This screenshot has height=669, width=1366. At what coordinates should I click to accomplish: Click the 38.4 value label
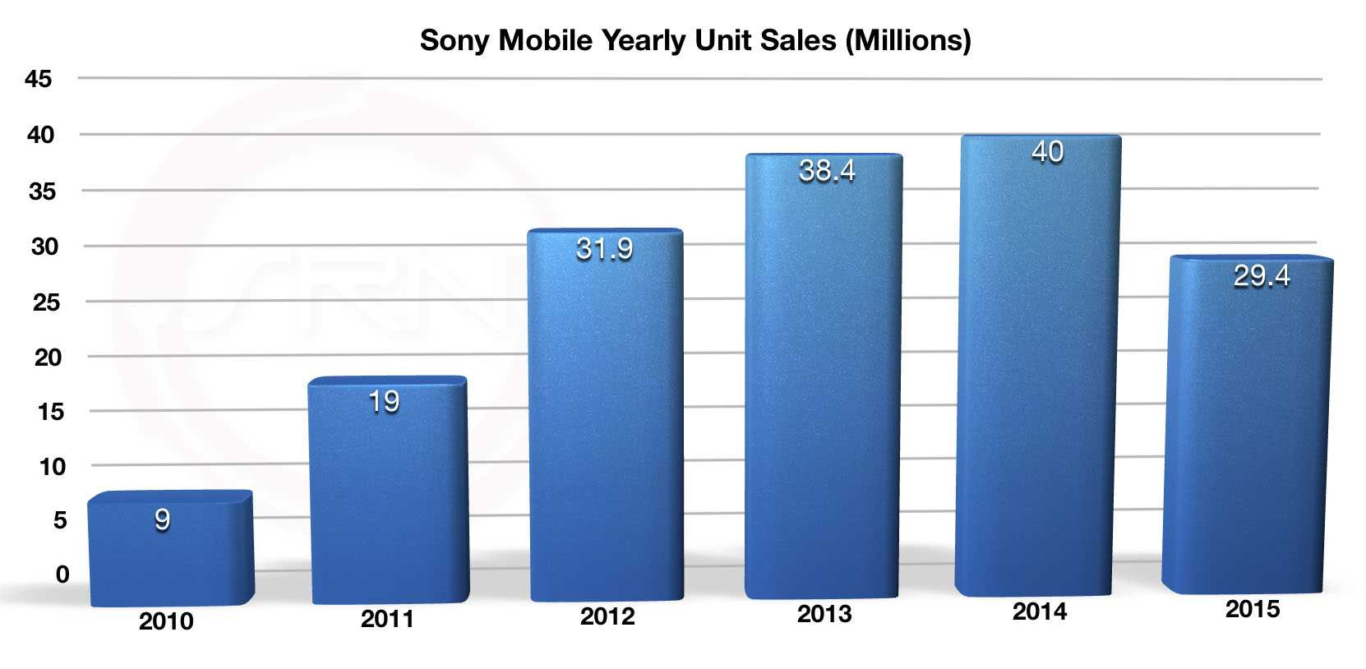(827, 171)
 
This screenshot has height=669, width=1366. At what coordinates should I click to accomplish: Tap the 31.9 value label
(605, 249)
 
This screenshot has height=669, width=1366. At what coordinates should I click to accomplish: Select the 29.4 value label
(1262, 276)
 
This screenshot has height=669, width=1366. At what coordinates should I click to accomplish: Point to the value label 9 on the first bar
(162, 519)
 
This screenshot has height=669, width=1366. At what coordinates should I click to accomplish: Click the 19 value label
(384, 402)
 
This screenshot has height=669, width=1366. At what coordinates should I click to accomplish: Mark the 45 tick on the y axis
(39, 79)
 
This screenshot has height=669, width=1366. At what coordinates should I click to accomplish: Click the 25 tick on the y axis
(46, 302)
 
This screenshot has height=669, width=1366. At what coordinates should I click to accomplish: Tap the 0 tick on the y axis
(62, 574)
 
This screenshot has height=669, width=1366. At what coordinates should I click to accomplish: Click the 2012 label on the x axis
(607, 616)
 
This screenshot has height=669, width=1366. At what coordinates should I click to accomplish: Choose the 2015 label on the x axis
(1253, 609)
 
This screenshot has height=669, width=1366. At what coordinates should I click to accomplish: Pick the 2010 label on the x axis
(166, 621)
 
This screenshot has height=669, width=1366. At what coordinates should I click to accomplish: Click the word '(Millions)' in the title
(908, 40)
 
